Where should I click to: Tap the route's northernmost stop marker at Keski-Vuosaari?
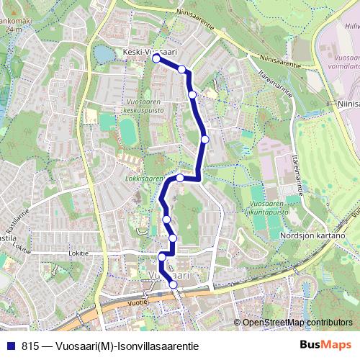(156, 59)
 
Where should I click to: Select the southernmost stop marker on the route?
(173, 285)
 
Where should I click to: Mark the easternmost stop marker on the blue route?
(205, 139)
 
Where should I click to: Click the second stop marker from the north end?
(182, 69)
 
